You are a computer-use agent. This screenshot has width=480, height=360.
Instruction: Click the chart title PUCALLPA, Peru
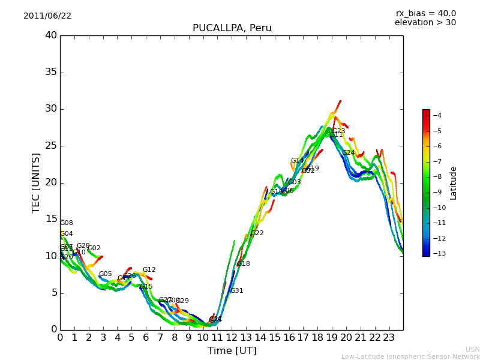(232, 28)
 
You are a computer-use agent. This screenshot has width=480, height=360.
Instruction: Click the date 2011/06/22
(47, 16)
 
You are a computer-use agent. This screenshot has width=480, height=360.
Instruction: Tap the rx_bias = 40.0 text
(425, 14)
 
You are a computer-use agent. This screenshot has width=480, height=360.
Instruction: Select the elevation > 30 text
(425, 23)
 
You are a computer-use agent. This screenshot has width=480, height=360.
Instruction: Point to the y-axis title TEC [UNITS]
(36, 182)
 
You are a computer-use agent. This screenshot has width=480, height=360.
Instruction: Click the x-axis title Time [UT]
(232, 351)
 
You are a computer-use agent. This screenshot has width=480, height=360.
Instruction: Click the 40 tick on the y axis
(51, 35)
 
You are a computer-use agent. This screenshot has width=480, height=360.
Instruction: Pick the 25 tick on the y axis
(51, 146)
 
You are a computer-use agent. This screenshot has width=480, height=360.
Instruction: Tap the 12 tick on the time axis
(232, 337)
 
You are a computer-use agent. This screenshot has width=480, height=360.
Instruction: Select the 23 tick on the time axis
(389, 337)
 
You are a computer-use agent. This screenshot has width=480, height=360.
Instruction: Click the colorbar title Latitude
(454, 182)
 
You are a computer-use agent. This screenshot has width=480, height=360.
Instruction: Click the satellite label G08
(67, 223)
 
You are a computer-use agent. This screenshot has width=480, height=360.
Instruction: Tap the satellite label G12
(149, 270)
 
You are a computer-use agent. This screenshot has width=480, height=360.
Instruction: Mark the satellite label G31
(236, 291)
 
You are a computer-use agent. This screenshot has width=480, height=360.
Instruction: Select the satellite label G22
(257, 233)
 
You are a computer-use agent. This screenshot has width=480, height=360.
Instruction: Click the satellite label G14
(297, 161)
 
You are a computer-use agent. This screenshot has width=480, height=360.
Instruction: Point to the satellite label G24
(349, 153)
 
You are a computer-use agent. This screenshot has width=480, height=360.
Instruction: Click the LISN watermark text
(472, 349)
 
